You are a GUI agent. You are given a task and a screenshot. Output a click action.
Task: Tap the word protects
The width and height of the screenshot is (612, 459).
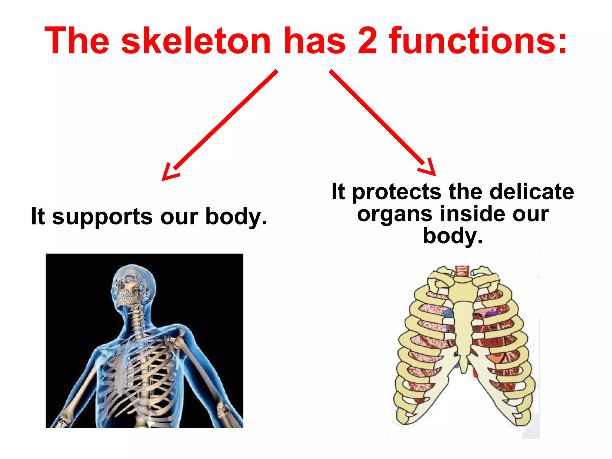tap(397, 192)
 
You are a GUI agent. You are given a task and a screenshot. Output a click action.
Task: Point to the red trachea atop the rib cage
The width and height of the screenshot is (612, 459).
tap(462, 270)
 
